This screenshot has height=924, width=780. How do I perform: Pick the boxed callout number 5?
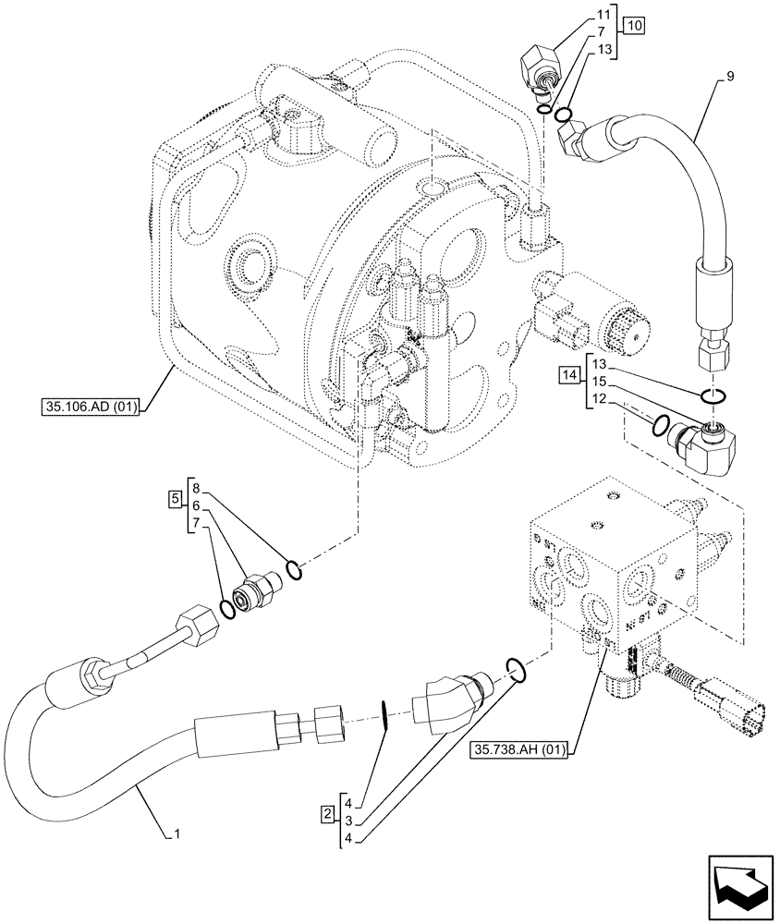pyautogui.click(x=175, y=500)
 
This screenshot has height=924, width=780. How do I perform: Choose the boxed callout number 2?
pyautogui.click(x=328, y=813)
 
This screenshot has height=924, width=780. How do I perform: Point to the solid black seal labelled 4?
pyautogui.click(x=384, y=717)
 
